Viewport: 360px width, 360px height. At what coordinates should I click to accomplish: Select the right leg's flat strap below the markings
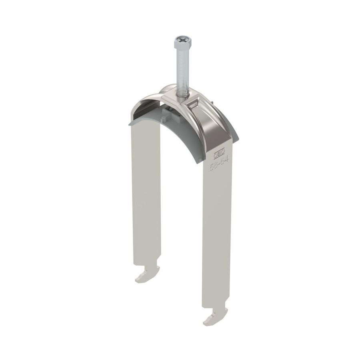click(x=218, y=232)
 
